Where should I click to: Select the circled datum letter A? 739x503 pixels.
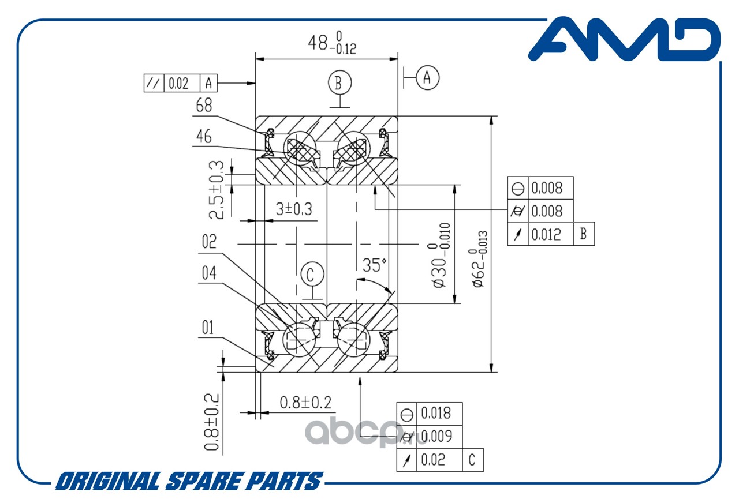[427, 77]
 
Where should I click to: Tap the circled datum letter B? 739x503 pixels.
[339, 82]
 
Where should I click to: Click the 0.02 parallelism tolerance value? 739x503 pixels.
[177, 84]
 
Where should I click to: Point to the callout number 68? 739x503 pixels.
[204, 106]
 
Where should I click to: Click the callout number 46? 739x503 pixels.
[204, 137]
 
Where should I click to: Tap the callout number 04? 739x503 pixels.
[209, 273]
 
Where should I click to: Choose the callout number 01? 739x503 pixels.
[207, 328]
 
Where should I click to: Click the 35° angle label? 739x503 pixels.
[374, 265]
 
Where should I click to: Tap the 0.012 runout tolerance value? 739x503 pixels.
[546, 234]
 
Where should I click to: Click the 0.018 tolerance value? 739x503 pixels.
[436, 413]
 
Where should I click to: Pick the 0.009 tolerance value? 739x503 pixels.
[436, 436]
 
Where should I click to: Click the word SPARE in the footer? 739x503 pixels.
[204, 481]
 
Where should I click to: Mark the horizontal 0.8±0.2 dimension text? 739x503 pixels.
[305, 401]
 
